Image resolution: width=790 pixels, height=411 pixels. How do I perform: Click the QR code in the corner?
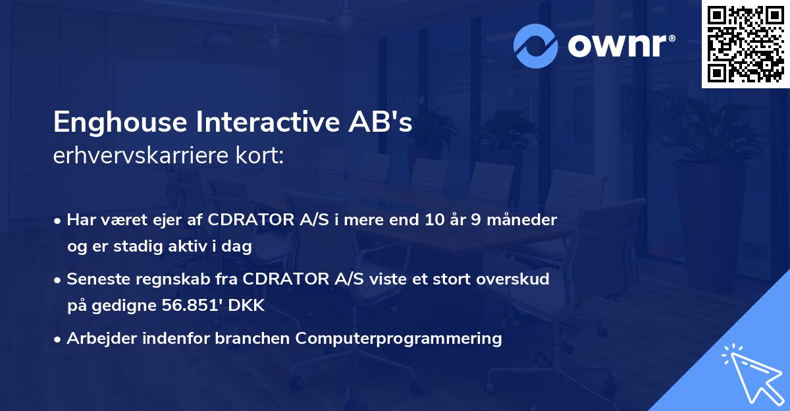point(745,43)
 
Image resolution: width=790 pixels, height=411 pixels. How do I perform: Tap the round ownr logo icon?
point(536,45)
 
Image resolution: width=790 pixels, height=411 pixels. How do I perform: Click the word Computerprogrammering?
point(398,339)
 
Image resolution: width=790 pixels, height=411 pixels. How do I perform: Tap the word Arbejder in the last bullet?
point(95,339)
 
